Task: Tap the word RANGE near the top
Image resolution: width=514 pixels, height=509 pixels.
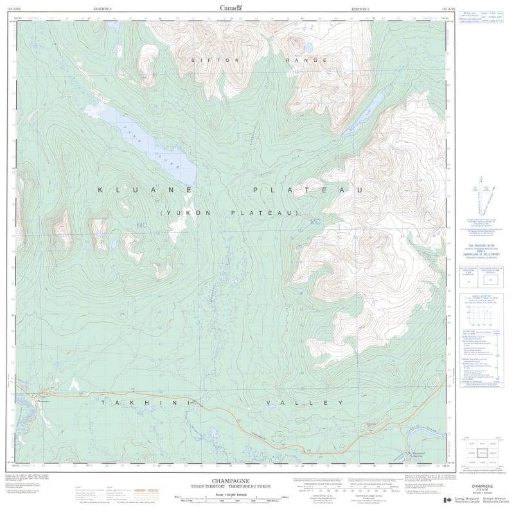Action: [x=306, y=59]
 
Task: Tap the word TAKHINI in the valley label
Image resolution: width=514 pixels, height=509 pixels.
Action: [x=145, y=402]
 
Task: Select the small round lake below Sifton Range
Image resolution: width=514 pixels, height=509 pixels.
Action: [x=308, y=48]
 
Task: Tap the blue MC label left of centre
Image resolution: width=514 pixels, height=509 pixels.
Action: [x=142, y=225]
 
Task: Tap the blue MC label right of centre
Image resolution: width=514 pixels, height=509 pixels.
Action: [x=314, y=223]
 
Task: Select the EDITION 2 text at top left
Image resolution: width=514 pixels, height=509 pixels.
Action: [x=103, y=8]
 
